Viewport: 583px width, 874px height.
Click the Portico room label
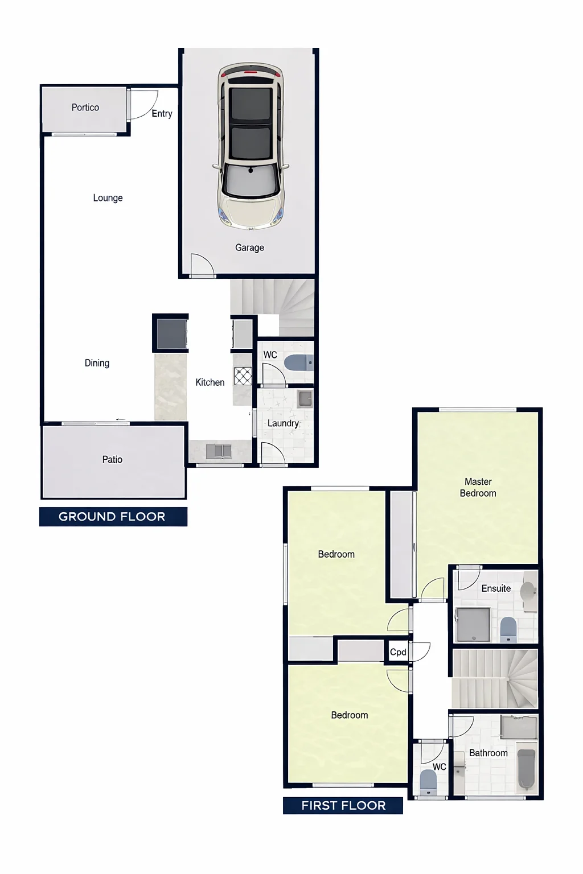(x=85, y=108)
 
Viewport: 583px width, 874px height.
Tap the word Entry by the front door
(x=162, y=114)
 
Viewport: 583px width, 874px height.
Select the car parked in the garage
(x=251, y=145)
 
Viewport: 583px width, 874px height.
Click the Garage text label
(x=249, y=248)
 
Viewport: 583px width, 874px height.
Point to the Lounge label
(x=108, y=198)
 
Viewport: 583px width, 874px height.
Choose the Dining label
(x=97, y=363)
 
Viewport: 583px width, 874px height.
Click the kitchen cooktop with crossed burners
(x=243, y=376)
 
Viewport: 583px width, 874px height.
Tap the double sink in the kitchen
(x=219, y=451)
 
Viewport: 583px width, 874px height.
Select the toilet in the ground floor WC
(x=299, y=363)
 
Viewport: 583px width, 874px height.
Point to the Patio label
(x=113, y=460)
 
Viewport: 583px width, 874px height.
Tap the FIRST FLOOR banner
(x=343, y=805)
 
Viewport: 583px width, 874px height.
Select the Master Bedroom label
(x=478, y=487)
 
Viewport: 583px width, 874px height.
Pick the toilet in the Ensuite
(x=508, y=629)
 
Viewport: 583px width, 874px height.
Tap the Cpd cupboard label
(x=398, y=652)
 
